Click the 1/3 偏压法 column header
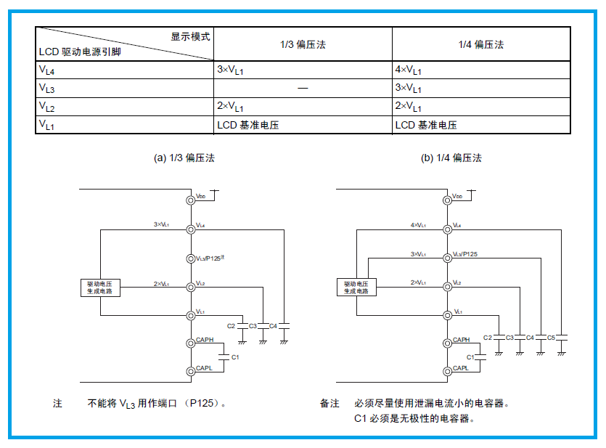(303, 45)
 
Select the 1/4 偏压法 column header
(481, 45)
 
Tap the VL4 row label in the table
(48, 70)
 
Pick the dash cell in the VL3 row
(303, 89)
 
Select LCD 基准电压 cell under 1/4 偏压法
(426, 125)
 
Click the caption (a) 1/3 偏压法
(184, 158)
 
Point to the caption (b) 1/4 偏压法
(451, 158)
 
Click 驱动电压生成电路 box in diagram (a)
(100, 287)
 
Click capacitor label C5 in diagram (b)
(551, 338)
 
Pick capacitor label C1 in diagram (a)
(235, 357)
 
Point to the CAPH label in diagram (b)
(461, 340)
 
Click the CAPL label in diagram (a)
(203, 369)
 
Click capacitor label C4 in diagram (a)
(274, 326)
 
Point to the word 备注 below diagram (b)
(329, 403)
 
